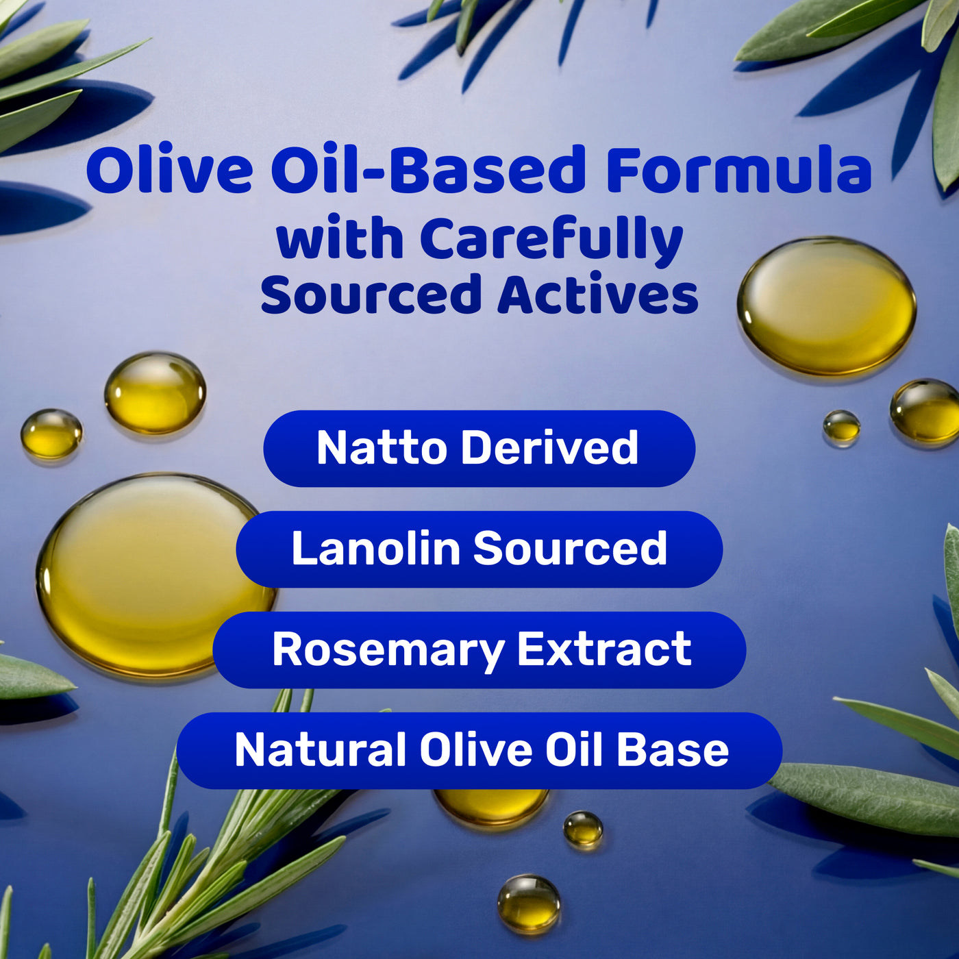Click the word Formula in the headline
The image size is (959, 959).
(x=738, y=169)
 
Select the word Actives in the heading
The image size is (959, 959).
(x=598, y=293)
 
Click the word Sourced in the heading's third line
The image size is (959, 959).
(x=371, y=294)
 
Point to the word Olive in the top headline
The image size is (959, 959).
(x=169, y=169)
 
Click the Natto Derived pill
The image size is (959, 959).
(x=480, y=449)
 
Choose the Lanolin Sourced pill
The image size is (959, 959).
(x=480, y=549)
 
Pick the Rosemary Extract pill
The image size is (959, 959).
(x=480, y=650)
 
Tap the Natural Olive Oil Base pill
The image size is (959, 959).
(x=480, y=751)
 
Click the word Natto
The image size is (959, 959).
(x=382, y=447)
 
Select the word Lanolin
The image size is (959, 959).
(x=376, y=548)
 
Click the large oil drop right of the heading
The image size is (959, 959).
(x=827, y=306)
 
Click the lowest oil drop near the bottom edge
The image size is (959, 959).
(x=529, y=903)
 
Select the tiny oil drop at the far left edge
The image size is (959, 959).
(x=52, y=433)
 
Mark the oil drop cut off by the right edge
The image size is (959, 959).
(x=925, y=410)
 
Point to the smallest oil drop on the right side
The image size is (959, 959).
(x=842, y=425)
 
